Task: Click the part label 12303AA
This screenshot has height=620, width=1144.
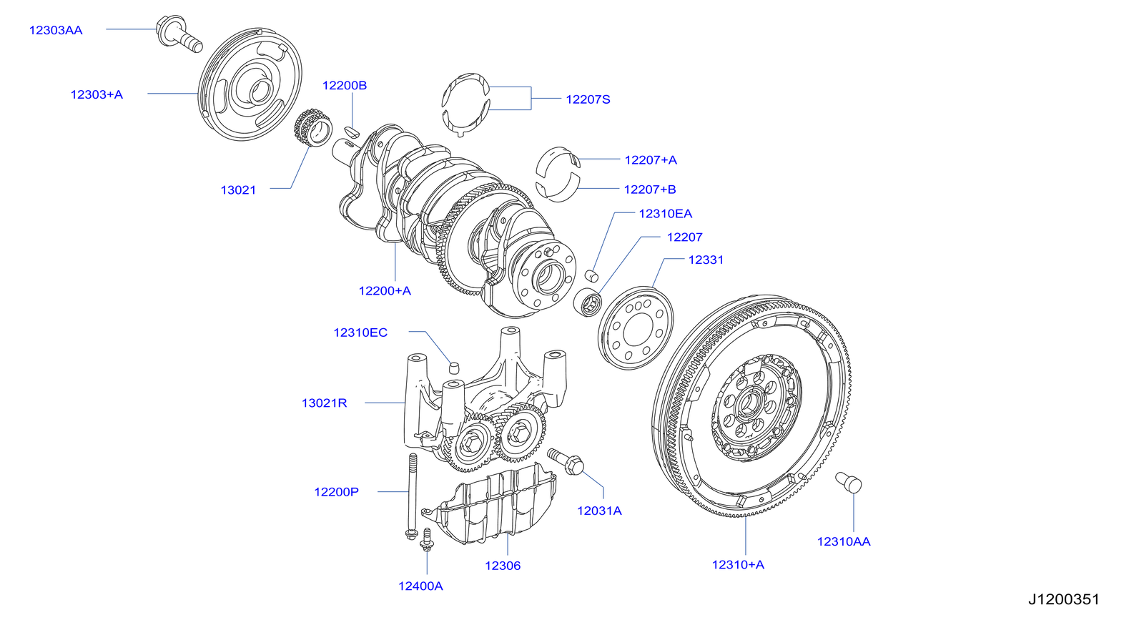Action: pyautogui.click(x=56, y=30)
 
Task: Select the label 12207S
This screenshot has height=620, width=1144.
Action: pyautogui.click(x=588, y=99)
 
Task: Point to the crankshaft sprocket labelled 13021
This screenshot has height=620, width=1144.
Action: pyautogui.click(x=313, y=129)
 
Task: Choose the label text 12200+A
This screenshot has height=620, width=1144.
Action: pyautogui.click(x=385, y=290)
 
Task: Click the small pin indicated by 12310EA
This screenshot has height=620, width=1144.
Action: pyautogui.click(x=591, y=275)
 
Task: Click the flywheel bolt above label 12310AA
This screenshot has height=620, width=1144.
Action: pyautogui.click(x=849, y=483)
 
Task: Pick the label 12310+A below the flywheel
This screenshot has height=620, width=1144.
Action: pyautogui.click(x=738, y=564)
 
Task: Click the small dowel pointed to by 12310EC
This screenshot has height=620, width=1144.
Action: pyautogui.click(x=453, y=368)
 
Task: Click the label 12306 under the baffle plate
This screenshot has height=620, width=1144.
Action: pyautogui.click(x=503, y=566)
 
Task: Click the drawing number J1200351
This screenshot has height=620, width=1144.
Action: pyautogui.click(x=1063, y=599)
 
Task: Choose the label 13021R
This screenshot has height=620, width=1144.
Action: pyautogui.click(x=324, y=403)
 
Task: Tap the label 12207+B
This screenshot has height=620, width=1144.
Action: pyautogui.click(x=649, y=190)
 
